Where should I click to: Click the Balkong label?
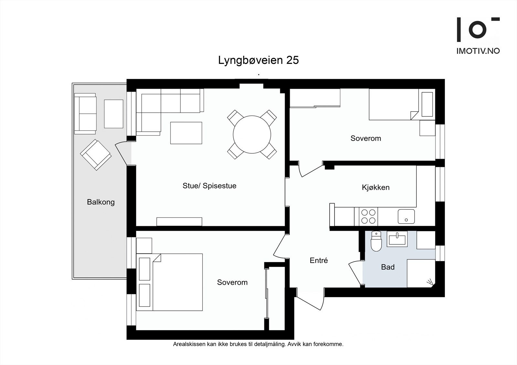[101, 202]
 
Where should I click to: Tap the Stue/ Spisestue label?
[209, 186]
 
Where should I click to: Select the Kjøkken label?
[376, 188]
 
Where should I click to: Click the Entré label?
[319, 260]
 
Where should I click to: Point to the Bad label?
[388, 267]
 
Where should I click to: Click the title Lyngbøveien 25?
[258, 60]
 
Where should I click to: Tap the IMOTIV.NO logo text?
[478, 51]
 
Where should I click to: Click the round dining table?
[252, 135]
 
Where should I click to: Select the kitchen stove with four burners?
[368, 217]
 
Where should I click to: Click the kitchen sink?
[406, 217]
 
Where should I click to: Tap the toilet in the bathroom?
[376, 241]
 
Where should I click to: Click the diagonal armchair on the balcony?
[96, 155]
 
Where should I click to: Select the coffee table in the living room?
[186, 133]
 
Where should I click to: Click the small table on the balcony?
[113, 114]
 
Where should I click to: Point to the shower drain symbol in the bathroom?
[430, 282]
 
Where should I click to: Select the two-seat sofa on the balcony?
[85, 114]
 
